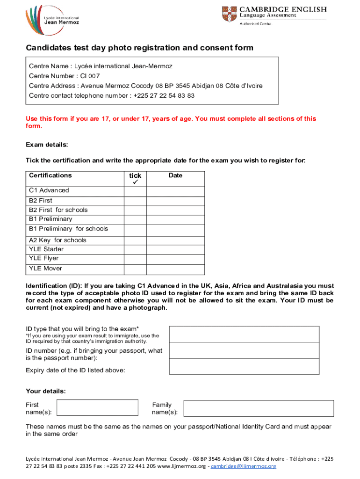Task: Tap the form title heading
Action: point(139,48)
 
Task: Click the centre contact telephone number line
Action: point(111,95)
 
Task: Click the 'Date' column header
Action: point(175,176)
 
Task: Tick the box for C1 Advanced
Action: point(135,191)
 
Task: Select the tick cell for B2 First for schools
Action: point(135,210)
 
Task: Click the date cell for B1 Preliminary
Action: point(175,219)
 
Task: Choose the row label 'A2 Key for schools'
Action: point(58,240)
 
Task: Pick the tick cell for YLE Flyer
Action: point(135,259)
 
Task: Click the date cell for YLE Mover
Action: point(175,269)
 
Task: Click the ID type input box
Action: point(244,334)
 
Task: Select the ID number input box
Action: point(244,351)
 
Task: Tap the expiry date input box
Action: point(244,368)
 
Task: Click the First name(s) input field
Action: point(97,407)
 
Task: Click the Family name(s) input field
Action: point(258,407)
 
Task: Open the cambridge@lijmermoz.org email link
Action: point(244,466)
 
